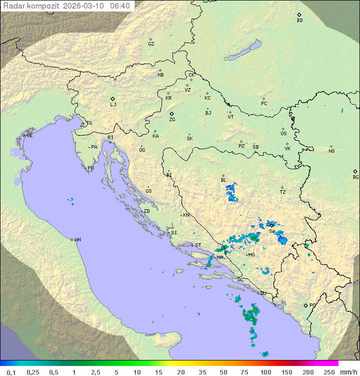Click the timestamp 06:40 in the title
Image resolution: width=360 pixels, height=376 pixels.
[x=120, y=6]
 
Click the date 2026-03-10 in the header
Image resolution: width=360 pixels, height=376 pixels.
[x=84, y=6]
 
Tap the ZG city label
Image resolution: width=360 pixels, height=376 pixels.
[x=172, y=120]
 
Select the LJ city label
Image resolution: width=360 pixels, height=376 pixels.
[x=113, y=105]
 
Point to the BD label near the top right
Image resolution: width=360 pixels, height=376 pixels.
[x=299, y=21]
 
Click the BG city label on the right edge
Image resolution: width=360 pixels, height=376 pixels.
[x=355, y=177]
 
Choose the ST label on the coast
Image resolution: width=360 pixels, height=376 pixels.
[x=198, y=245]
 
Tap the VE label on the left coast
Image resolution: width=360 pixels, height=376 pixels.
[x=29, y=136]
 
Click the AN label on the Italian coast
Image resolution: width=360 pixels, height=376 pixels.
[x=77, y=240]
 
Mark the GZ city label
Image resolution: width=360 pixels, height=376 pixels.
[x=151, y=44]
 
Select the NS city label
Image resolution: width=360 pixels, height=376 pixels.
[x=331, y=151]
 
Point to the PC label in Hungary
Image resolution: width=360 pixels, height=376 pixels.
[x=264, y=104]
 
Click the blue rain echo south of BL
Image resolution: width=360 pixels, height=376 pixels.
[x=231, y=193]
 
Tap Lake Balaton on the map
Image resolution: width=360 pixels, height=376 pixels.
[x=243, y=51]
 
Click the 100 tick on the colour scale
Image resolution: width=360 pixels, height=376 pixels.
[x=265, y=372]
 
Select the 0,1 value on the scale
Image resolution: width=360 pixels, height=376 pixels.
[x=11, y=372]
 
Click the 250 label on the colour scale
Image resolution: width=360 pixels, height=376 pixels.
[x=328, y=372]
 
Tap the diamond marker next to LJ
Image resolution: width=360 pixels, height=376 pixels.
[x=113, y=99]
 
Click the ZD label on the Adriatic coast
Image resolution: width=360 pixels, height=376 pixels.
[x=146, y=211]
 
